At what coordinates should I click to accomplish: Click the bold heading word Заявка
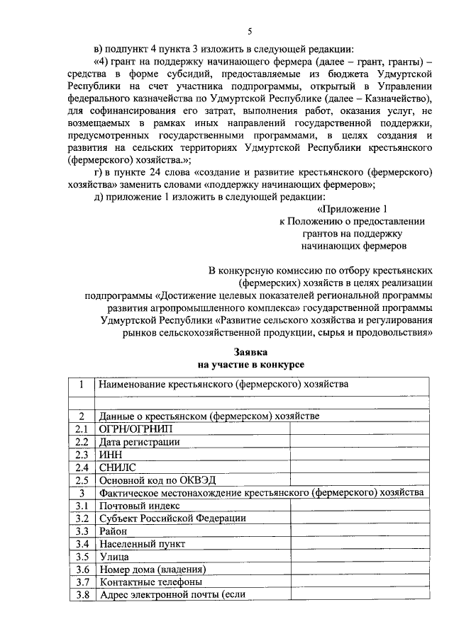tap(250, 351)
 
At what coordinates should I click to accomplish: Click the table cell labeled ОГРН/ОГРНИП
tap(135, 429)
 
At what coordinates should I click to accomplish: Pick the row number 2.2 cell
tap(82, 442)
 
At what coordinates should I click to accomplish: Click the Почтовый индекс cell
tap(140, 506)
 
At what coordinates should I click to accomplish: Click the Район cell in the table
tap(114, 531)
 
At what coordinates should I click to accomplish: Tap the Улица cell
tap(114, 556)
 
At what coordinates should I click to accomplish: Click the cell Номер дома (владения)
tap(152, 569)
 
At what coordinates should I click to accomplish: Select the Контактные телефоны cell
tap(150, 582)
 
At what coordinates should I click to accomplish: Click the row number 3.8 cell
tap(82, 594)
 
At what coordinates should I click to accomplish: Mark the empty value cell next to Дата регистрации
tap(359, 442)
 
